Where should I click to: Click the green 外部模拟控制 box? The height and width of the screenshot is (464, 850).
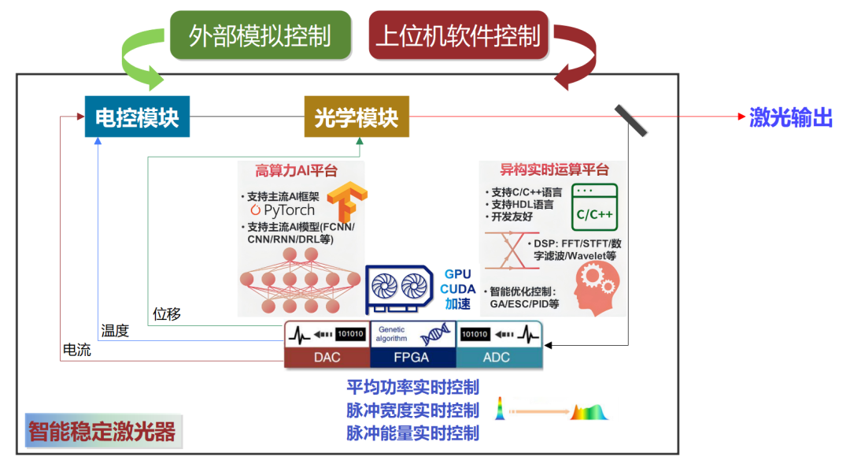click(260, 35)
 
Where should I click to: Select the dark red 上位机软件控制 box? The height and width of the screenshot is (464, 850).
click(458, 35)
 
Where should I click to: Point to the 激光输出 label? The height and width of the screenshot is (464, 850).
click(790, 117)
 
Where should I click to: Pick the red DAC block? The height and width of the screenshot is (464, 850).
click(327, 357)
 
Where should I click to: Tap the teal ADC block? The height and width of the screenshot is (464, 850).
click(498, 357)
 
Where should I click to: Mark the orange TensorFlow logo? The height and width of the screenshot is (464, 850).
click(347, 202)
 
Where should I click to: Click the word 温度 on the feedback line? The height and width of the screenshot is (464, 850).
click(115, 331)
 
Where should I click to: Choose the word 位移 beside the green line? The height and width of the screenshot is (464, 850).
click(167, 314)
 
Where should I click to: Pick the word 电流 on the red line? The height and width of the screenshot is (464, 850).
click(76, 349)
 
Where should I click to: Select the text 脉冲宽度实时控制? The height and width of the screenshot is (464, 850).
click(412, 410)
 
